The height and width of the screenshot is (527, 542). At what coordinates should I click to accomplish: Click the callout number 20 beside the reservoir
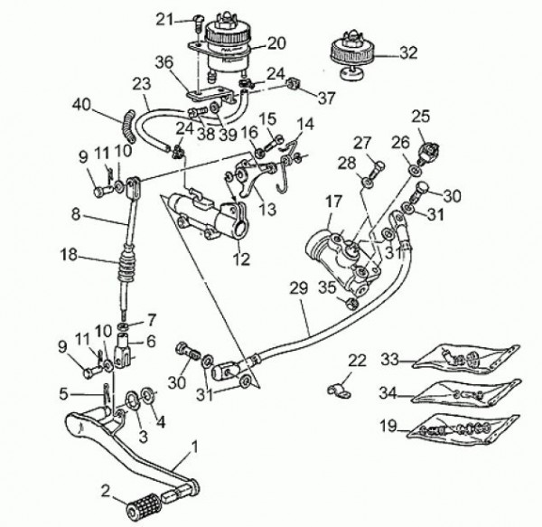pos(276,43)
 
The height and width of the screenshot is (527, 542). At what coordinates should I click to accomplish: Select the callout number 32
pos(408,53)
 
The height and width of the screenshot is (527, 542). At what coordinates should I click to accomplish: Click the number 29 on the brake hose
pos(299,288)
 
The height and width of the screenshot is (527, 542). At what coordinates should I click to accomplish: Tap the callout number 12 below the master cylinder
pos(241,259)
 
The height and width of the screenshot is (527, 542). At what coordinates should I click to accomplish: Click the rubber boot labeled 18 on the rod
pos(128,265)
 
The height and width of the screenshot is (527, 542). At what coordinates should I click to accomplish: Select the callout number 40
pos(82,104)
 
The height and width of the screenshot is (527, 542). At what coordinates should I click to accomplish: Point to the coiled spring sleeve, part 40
pos(128,125)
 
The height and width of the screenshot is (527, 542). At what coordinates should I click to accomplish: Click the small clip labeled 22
pos(339,391)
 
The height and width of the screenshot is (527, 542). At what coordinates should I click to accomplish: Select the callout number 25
pos(420,117)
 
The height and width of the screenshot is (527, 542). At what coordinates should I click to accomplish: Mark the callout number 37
pos(326,98)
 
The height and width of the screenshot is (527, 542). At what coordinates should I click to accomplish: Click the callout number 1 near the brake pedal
pos(195,447)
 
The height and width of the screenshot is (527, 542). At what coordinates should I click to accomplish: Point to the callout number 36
pos(164,62)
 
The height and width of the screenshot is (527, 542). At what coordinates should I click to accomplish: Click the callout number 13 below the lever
pos(268,209)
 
